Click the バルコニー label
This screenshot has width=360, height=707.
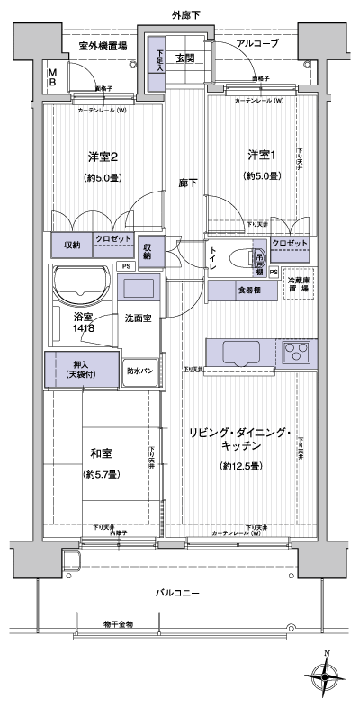[177, 593]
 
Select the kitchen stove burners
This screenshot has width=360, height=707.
[298, 352]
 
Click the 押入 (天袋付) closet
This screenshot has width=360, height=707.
[82, 368]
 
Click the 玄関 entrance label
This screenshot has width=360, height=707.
[185, 59]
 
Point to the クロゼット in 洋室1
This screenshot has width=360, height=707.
[289, 244]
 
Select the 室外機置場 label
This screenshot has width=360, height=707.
[102, 44]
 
